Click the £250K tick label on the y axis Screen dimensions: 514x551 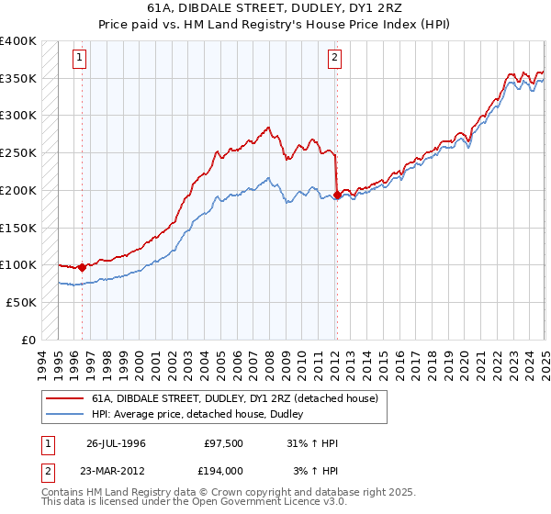click(x=18, y=152)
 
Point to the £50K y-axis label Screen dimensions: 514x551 click(x=21, y=302)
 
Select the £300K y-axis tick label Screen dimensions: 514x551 click(x=18, y=116)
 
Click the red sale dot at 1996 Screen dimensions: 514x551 click(x=82, y=268)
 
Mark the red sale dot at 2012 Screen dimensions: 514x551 click(x=337, y=195)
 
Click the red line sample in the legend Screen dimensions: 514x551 click(x=64, y=398)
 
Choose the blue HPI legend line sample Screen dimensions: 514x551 click(x=64, y=414)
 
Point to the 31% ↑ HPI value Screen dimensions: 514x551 click(x=312, y=443)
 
